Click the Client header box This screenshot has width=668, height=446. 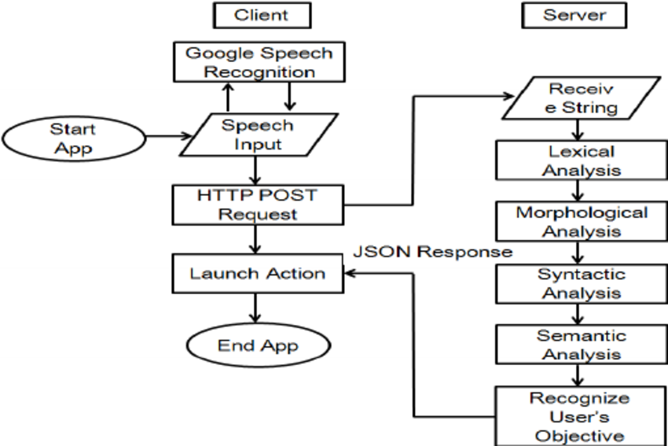pos(261,15)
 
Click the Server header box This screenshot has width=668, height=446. pos(574,15)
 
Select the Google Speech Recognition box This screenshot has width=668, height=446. pos(259,63)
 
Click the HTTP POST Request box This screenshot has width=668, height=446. pos(257,204)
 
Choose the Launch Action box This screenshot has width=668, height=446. pos(257,274)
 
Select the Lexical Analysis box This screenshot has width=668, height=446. pos(581,160)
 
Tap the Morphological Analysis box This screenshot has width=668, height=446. pos(581,222)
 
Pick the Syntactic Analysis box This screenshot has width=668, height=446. pos(581,283)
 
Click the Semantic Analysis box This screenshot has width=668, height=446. pos(581,345)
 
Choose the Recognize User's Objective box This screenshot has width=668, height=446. pos(581,415)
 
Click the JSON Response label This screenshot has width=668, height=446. pos(432,252)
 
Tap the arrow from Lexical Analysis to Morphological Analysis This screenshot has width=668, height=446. pos(578,191)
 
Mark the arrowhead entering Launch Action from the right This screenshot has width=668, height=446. pos(351,274)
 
